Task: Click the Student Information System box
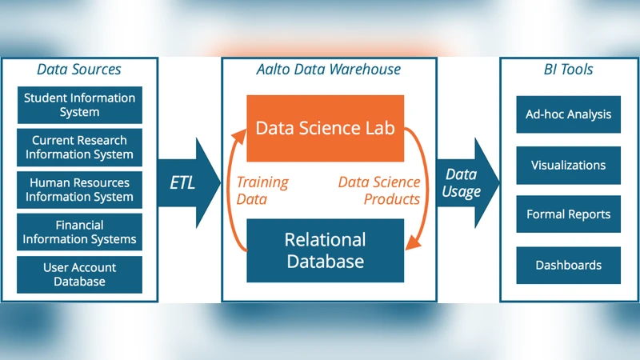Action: [x=79, y=105]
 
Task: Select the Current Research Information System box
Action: [x=79, y=147]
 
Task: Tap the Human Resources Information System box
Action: [x=79, y=190]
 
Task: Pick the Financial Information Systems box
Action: [x=79, y=232]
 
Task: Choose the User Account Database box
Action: [x=79, y=274]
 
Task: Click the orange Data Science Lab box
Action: [x=325, y=128]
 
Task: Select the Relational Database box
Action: [x=325, y=250]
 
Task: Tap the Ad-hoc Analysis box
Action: [x=568, y=114]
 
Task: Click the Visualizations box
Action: [x=568, y=166]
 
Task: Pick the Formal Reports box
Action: [x=568, y=214]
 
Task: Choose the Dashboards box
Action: [x=568, y=265]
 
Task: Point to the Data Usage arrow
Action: [x=466, y=182]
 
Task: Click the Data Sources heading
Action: [x=79, y=70]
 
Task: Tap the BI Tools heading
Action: [x=567, y=70]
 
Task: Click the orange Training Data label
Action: [x=262, y=190]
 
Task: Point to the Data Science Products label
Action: [x=379, y=190]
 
